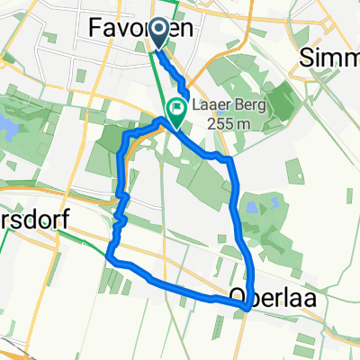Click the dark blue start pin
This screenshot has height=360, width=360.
(x=157, y=34)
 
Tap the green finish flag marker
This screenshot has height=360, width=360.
(x=176, y=112)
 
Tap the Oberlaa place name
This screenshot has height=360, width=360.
(x=273, y=295)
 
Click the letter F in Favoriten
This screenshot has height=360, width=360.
(x=98, y=30)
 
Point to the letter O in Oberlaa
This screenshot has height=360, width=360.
(x=238, y=295)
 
